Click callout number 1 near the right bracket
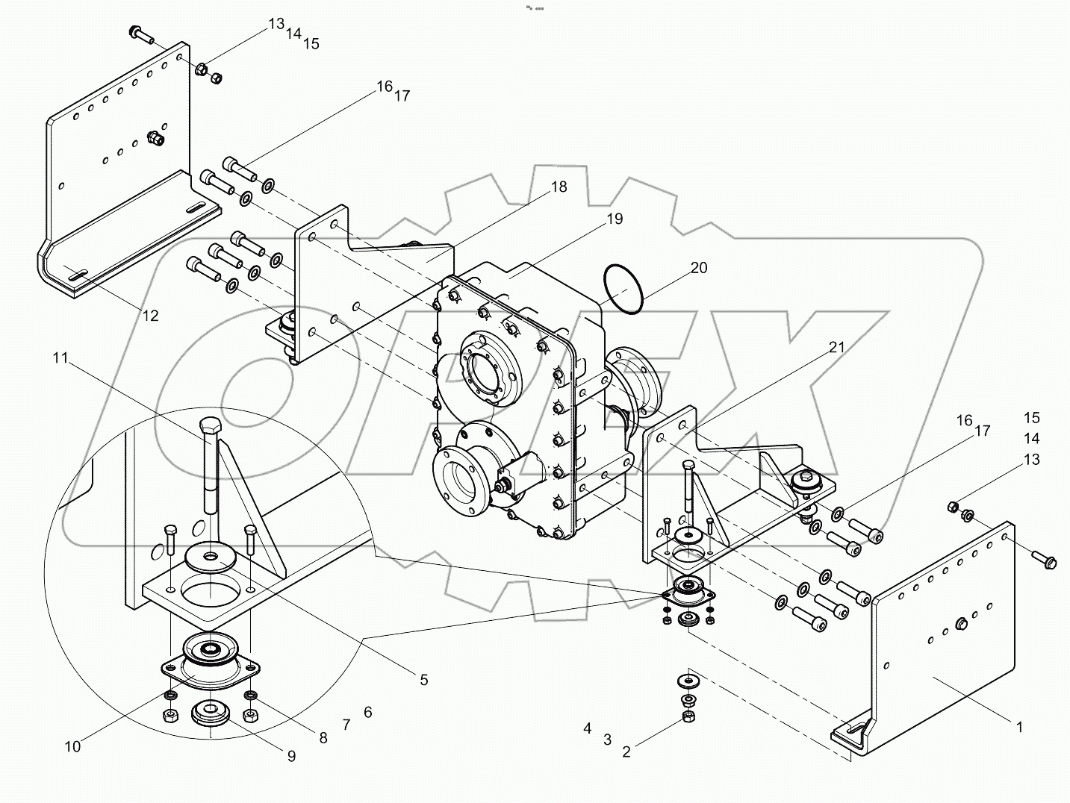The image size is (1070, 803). click(1018, 726)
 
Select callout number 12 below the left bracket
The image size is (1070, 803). click(150, 316)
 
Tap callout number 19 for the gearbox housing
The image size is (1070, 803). click(614, 219)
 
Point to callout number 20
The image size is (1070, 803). click(698, 268)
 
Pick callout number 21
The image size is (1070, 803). click(836, 347)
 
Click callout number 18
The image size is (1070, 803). click(559, 187)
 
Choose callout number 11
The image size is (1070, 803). click(60, 359)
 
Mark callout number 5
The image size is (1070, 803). click(423, 679)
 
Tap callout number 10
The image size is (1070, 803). click(72, 746)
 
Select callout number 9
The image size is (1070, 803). click(291, 756)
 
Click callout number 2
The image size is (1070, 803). click(626, 752)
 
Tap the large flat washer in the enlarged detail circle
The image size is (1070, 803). click(210, 557)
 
